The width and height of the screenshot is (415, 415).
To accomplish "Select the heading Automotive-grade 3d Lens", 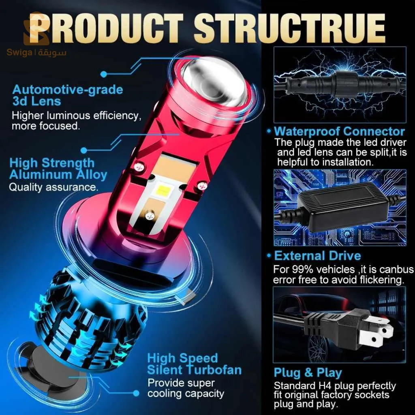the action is point(68,95).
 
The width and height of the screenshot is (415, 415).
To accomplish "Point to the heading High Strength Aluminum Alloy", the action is point(58,169).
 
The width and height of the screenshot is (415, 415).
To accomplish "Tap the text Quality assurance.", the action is point(53,187).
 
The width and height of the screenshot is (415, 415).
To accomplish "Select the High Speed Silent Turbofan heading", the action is point(194,364).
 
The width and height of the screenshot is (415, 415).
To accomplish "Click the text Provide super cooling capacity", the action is point(186,388).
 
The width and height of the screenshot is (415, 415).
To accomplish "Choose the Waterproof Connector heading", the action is point(340,131).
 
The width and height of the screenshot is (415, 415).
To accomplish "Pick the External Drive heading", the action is point(317,256).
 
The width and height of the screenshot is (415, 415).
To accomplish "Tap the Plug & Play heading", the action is point(308,373).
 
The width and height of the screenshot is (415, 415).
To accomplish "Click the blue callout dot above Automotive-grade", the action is point(104,74).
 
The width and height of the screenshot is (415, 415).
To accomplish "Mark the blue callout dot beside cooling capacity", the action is point(136,393).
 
